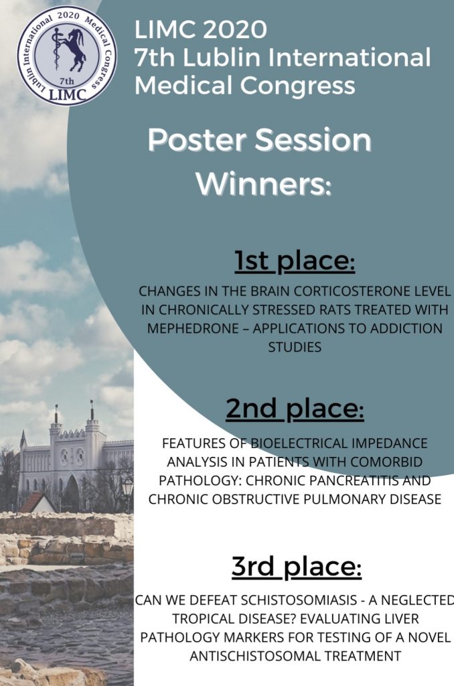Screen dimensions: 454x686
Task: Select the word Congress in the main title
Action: point(297,85)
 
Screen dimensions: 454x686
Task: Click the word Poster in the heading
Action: point(199,140)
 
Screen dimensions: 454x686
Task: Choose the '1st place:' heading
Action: point(295,261)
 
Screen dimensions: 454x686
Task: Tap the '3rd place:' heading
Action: point(297,566)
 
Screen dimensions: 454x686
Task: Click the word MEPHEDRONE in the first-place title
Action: point(193,328)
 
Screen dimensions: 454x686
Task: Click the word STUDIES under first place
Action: point(295,348)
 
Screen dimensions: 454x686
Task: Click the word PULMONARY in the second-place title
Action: point(356,499)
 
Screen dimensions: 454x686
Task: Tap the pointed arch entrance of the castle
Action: point(71,494)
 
